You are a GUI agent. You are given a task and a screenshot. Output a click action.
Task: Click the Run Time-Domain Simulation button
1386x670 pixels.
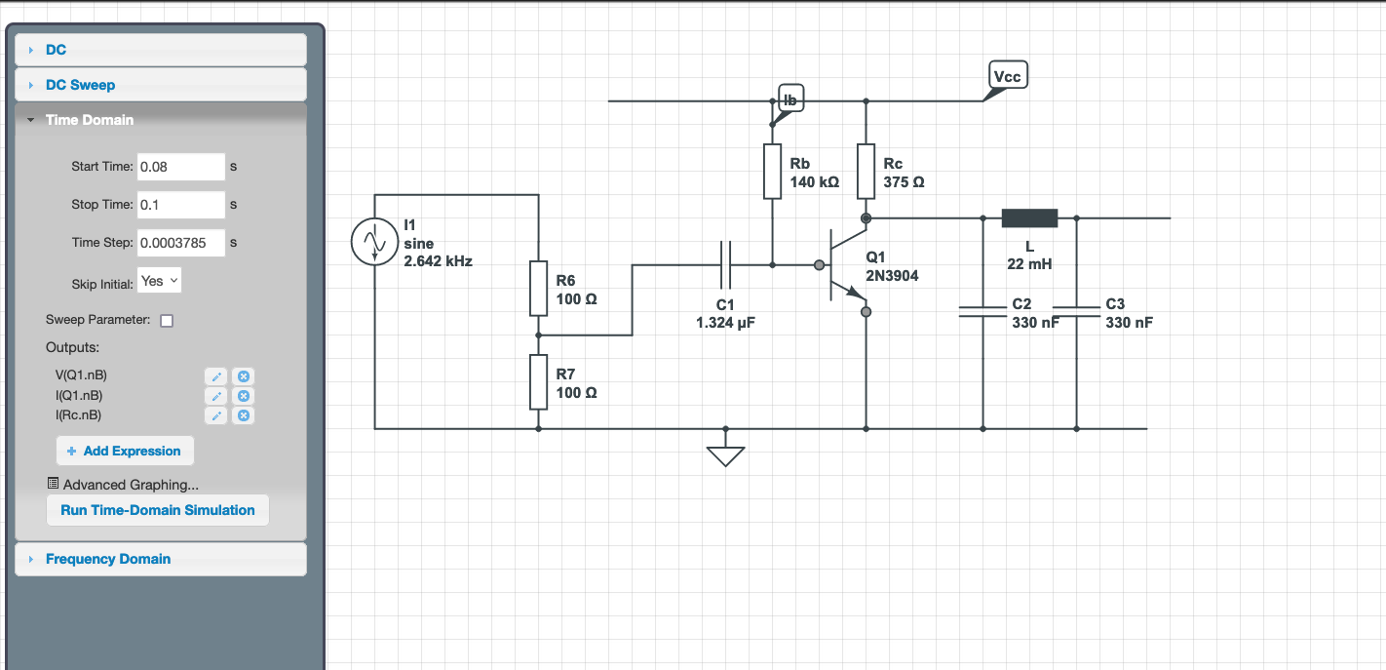tap(157, 510)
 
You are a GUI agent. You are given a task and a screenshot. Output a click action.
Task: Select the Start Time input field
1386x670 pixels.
tap(180, 167)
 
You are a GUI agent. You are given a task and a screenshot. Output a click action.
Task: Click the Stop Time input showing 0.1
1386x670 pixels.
tap(180, 205)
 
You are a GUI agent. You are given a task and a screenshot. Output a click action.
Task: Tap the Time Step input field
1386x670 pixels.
tap(180, 243)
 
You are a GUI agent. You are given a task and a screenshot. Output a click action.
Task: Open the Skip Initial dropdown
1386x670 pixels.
tap(160, 281)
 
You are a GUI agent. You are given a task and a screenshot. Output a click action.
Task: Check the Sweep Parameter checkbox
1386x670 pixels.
tap(167, 321)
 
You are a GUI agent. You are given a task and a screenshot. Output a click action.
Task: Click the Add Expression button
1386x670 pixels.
tap(125, 451)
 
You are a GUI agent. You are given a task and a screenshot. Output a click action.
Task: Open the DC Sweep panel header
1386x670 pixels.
tap(160, 85)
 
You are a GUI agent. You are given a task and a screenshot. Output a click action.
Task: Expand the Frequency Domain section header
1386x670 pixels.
tap(160, 559)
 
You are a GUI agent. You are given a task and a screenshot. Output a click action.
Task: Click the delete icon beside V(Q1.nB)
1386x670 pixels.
tap(245, 376)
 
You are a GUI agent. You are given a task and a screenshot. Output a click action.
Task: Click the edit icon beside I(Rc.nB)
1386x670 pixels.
tap(215, 415)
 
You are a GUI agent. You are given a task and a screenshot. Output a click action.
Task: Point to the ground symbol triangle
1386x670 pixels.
tap(725, 455)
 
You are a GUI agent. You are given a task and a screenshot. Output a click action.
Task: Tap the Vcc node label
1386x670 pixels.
tap(1007, 76)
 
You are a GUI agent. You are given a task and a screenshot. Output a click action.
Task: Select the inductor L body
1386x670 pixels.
tap(1029, 218)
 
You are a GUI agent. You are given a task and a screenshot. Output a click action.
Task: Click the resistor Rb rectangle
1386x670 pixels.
tap(772, 172)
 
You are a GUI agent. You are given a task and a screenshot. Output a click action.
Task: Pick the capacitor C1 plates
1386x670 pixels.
tap(725, 264)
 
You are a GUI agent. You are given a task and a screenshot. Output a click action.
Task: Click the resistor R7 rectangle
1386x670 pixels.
tap(539, 381)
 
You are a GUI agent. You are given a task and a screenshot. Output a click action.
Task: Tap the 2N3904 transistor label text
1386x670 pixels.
tap(892, 276)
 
